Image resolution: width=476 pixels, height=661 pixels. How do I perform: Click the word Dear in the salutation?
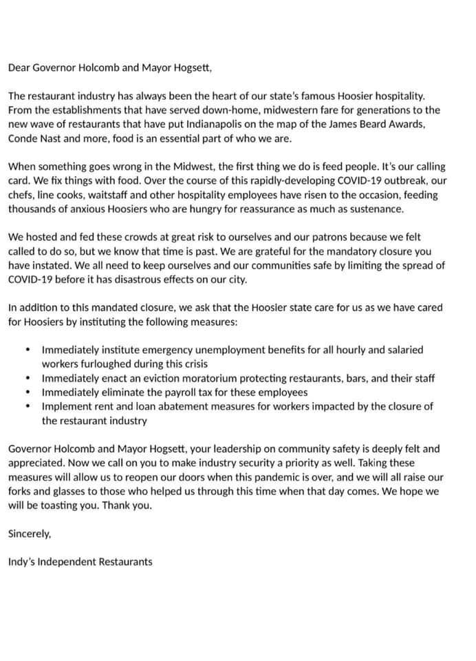point(20,67)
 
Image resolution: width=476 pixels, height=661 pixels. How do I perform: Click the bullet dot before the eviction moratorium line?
point(28,379)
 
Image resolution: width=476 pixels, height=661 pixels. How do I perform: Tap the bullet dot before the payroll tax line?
point(28,392)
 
